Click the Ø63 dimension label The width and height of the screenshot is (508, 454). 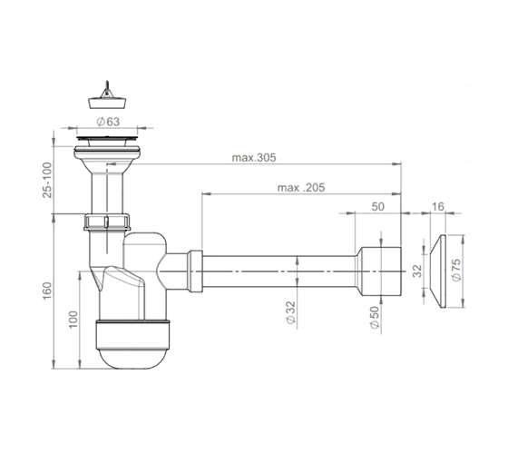(x=108, y=122)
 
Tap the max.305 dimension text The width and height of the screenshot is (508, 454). (x=254, y=158)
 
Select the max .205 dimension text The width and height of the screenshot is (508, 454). (x=301, y=188)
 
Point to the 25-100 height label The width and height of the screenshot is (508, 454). (x=47, y=180)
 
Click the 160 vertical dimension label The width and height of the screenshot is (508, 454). (x=47, y=291)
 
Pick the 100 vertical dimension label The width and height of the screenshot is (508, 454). (x=73, y=320)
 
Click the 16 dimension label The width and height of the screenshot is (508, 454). (x=437, y=207)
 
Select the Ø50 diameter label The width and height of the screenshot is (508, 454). (x=374, y=318)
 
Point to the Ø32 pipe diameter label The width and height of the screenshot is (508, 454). (x=291, y=312)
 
